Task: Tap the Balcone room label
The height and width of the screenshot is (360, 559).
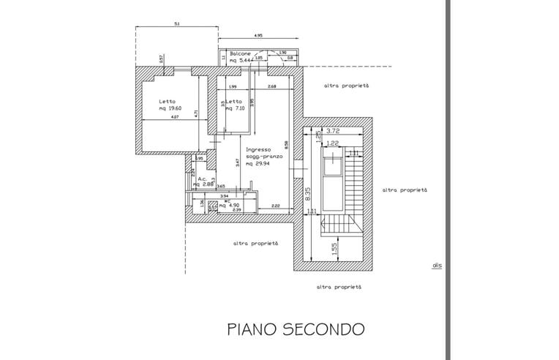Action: (240, 55)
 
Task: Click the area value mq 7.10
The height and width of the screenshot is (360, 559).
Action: (235, 109)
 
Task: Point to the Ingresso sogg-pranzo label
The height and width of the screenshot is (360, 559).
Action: (259, 154)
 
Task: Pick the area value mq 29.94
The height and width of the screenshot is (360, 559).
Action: (259, 165)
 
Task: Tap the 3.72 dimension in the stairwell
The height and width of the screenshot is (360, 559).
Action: (334, 132)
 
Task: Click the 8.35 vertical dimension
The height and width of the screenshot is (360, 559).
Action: (307, 193)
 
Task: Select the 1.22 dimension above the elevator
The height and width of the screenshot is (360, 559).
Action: (331, 143)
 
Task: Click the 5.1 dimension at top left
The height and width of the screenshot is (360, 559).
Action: (177, 24)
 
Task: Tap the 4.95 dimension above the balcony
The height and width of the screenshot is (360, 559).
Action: (258, 35)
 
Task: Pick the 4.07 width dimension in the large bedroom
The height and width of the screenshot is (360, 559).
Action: (174, 117)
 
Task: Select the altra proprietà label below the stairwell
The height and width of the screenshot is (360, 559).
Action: (338, 288)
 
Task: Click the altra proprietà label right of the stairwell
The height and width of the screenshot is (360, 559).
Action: (405, 190)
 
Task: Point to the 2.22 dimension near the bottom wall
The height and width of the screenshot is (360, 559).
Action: (274, 206)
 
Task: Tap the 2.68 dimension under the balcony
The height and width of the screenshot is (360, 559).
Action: (271, 87)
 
